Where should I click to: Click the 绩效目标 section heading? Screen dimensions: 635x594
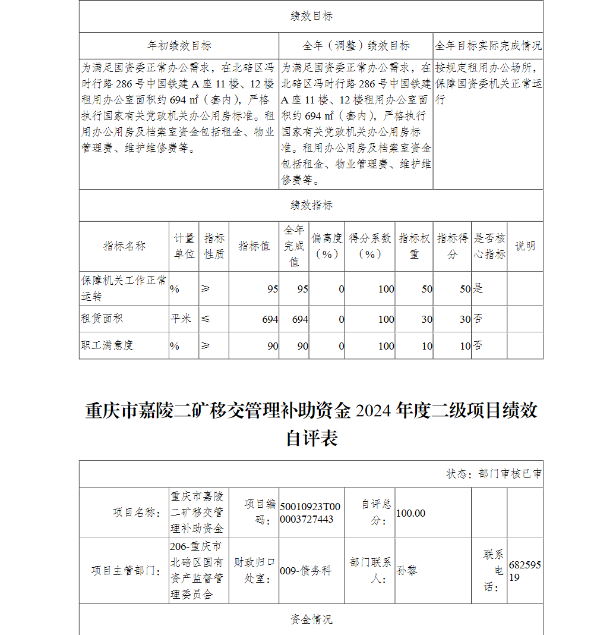311,17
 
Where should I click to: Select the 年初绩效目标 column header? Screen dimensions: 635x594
179,46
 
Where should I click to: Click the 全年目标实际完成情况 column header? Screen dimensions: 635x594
488,46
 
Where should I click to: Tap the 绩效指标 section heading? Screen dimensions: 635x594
311,205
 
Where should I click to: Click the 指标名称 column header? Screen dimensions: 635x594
124,246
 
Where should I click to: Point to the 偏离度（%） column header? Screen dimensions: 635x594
327,246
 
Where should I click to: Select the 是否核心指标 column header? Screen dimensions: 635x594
489,246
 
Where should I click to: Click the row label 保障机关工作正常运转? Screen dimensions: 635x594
124,288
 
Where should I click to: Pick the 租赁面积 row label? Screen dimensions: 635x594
102,319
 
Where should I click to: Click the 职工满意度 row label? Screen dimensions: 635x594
107,345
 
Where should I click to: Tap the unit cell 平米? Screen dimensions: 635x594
181,319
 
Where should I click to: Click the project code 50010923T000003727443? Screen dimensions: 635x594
310,513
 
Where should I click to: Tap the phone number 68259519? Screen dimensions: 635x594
525,571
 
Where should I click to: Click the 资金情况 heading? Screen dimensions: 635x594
311,620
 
